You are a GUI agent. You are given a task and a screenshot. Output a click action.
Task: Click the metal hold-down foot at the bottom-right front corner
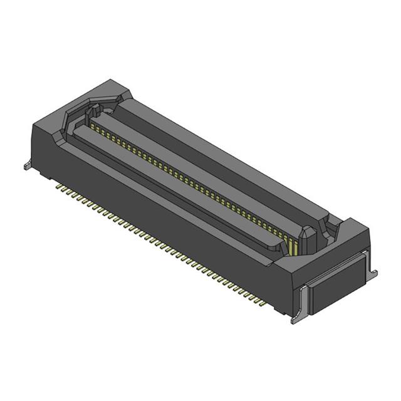click(x=294, y=320)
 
